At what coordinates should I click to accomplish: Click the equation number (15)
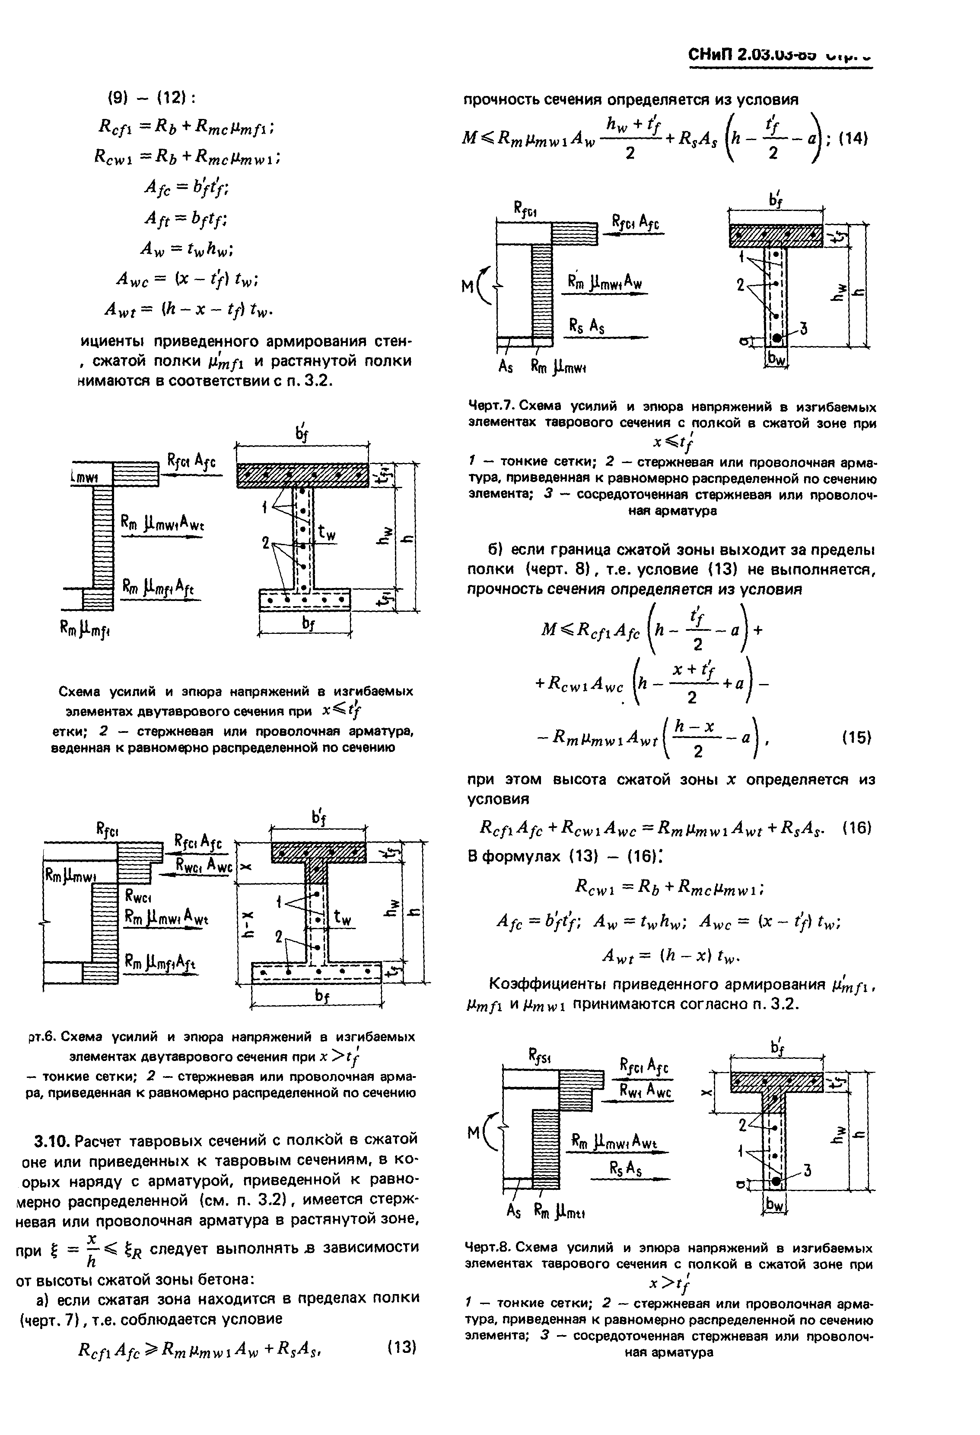point(856,737)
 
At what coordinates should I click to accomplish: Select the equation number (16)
point(856,828)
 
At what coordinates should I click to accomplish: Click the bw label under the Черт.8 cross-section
point(774,1204)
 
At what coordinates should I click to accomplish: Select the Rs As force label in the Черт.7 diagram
point(587,327)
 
